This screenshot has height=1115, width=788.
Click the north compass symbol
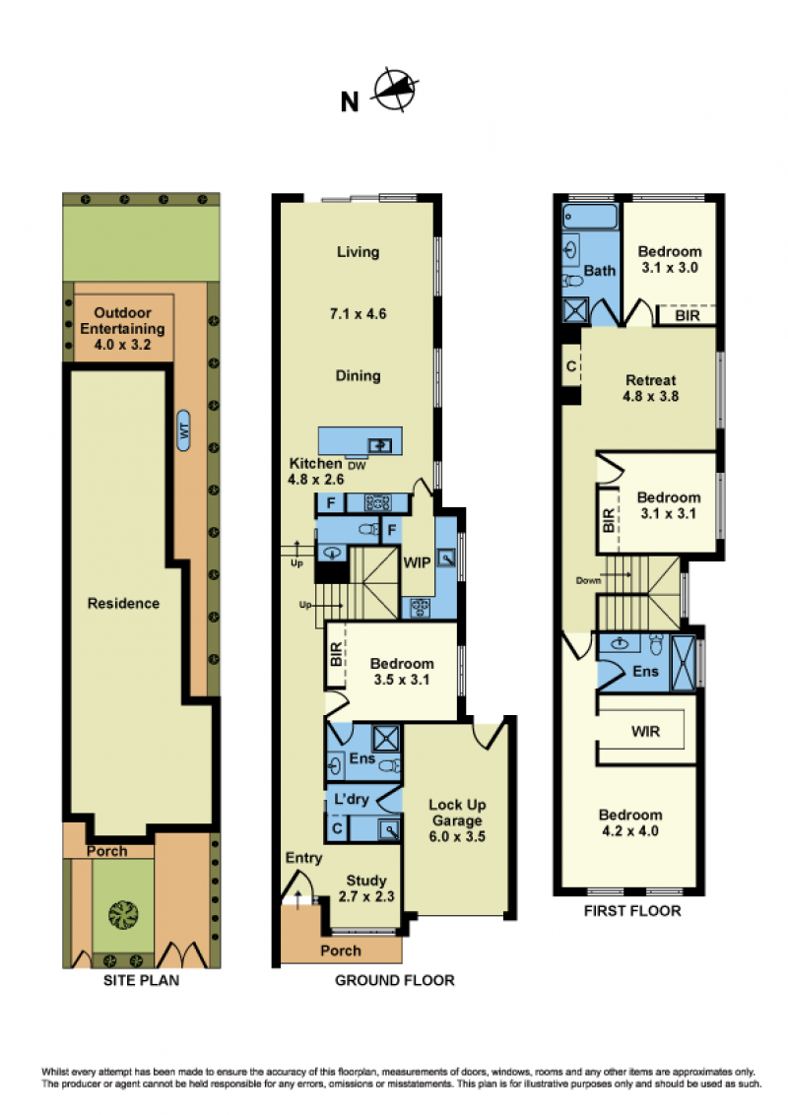395,90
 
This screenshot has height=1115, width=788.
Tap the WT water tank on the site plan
183,430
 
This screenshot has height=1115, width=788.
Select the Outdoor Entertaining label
122,321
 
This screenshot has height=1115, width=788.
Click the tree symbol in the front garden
123,914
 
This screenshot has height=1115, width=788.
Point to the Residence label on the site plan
123,603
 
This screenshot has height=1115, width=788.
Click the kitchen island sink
379,446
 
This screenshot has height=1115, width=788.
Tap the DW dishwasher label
357,466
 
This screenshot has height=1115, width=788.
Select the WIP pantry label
417,562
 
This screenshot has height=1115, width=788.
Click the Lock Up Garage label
457,813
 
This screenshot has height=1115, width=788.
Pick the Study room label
366,881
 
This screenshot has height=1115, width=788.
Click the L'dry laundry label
352,799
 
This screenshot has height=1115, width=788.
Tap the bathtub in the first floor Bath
590,217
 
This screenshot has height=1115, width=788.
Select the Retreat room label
651,380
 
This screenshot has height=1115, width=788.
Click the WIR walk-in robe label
646,731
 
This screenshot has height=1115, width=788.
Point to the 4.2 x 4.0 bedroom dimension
630,830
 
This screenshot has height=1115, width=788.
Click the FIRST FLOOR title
632,911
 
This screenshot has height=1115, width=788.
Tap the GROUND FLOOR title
395,981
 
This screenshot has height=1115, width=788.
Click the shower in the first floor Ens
684,663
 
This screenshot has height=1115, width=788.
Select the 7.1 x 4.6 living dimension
358,313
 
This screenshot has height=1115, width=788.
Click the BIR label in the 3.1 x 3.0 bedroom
687,315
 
